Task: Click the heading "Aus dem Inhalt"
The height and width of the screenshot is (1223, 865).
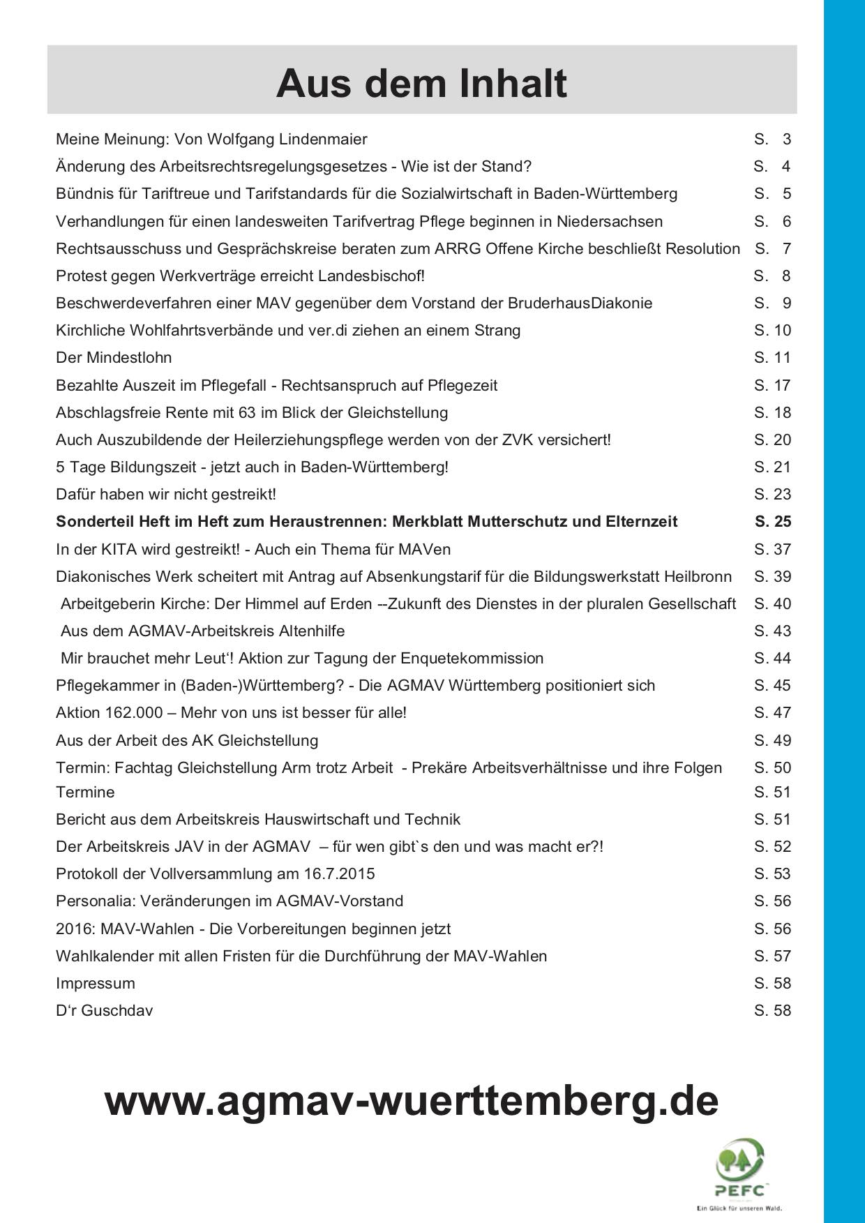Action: coord(421,84)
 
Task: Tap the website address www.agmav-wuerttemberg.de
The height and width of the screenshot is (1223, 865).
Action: coord(412,1100)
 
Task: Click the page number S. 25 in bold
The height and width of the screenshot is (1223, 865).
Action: coord(772,521)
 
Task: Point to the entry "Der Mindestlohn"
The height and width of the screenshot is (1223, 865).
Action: coord(114,357)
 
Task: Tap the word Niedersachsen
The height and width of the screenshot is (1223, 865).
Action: coord(609,221)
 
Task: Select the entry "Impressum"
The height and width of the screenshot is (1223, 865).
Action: coord(96,983)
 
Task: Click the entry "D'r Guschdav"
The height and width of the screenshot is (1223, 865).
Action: coord(104,1010)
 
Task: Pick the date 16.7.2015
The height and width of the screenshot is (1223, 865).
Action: coord(339,873)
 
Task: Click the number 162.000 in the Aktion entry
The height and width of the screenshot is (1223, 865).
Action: coord(137,712)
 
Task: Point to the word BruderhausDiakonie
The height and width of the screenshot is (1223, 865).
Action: coord(580,303)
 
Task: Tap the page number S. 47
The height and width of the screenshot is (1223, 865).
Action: coord(772,712)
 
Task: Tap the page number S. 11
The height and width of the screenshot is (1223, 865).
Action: coord(772,357)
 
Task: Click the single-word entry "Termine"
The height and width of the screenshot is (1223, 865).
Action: coord(85,792)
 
